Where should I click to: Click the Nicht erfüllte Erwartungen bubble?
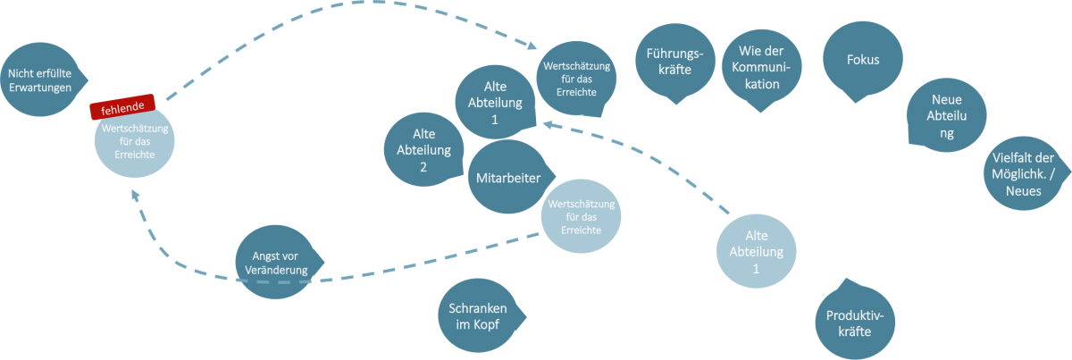pyautogui.click(x=39, y=80)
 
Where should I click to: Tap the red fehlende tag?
pyautogui.click(x=123, y=107)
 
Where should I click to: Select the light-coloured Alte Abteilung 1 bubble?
pyautogui.click(x=756, y=252)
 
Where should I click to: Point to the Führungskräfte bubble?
pyautogui.click(x=674, y=63)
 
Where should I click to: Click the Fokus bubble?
pyautogui.click(x=862, y=61)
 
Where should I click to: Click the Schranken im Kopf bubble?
pyautogui.click(x=481, y=314)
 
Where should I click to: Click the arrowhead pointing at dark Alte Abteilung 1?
pyautogui.click(x=548, y=123)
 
